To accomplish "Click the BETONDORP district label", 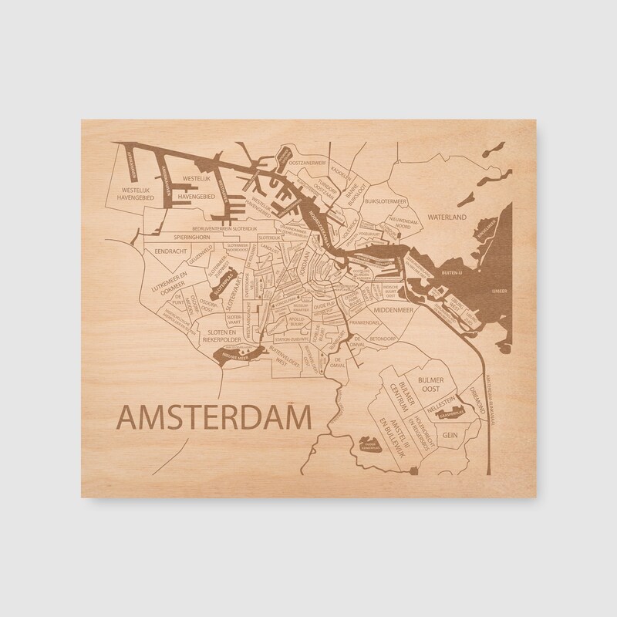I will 381,337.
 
